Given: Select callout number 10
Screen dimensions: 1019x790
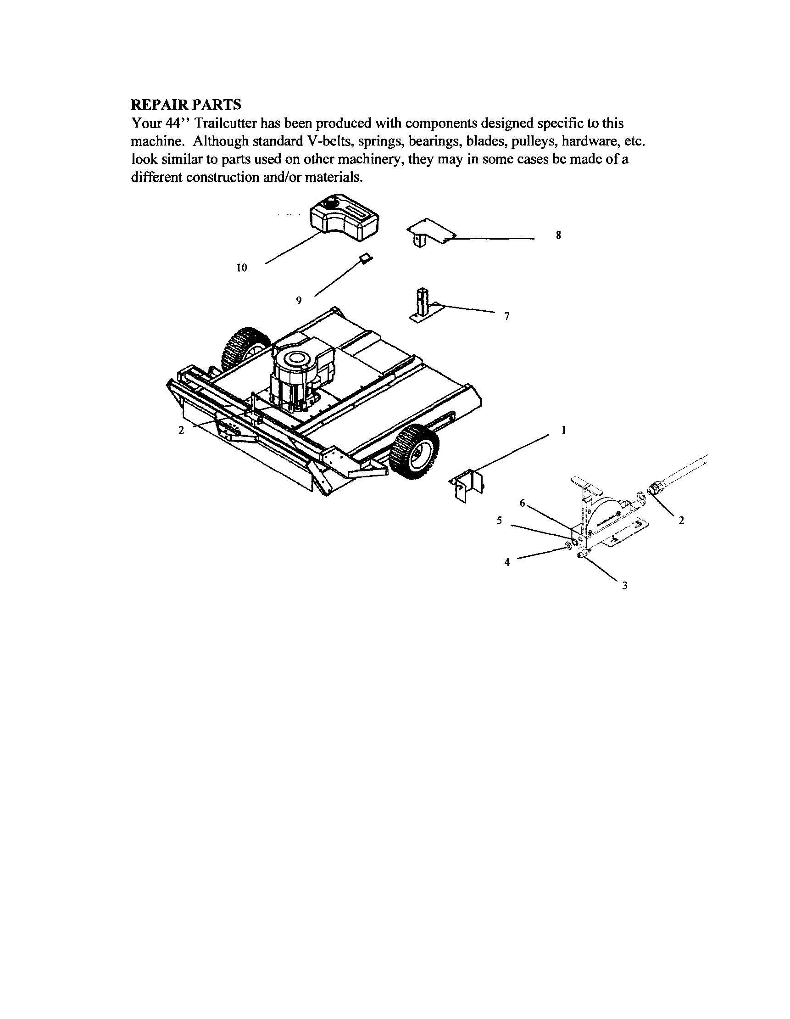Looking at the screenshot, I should point(242,268).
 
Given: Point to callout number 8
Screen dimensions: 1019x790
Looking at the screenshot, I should point(558,235).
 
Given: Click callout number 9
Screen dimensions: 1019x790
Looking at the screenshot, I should point(299,301).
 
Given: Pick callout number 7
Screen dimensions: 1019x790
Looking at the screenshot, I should point(507,316).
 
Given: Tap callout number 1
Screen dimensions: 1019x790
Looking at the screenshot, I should point(563,430).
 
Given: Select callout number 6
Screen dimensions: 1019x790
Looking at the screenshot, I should point(523,503).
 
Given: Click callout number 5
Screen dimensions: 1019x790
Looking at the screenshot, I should point(499,521).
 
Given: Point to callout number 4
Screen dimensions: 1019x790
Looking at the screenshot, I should point(507,562).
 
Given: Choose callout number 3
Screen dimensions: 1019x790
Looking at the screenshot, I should point(624,585).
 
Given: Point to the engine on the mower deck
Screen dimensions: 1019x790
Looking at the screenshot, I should point(301,373).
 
